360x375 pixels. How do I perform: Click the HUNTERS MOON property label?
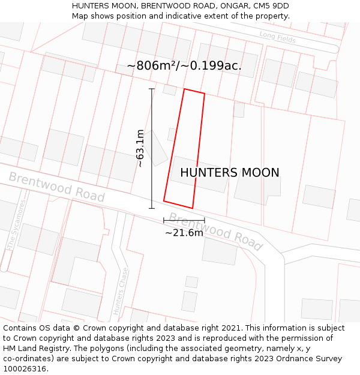tap(229, 173)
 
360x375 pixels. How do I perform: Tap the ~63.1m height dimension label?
tap(140, 148)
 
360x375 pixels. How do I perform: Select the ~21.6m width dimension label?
tap(184, 233)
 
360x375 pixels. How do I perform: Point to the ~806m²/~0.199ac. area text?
tap(184, 66)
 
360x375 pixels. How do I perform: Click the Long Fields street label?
tap(278, 37)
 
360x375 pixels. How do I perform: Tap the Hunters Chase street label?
tap(121, 290)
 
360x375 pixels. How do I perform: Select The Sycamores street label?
tap(17, 225)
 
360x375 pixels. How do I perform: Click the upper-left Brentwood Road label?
tap(56, 187)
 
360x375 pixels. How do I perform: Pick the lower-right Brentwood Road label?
tap(215, 231)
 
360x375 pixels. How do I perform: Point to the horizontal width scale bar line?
tap(184, 220)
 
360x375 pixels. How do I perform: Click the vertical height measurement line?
tap(152, 148)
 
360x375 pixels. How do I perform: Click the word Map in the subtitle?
tap(80, 16)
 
